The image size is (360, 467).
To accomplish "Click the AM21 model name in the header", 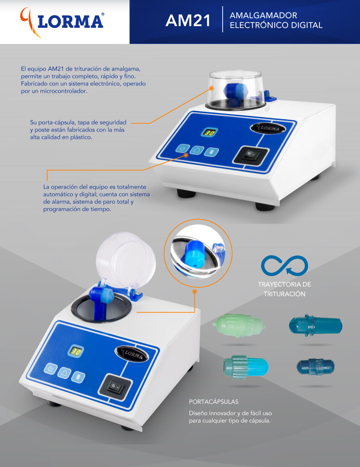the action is coord(188,21).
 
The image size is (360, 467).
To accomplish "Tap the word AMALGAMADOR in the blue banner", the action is coord(263,15).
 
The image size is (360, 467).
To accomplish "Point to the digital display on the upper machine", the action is coord(209,132).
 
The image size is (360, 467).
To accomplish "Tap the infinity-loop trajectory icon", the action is coord(284,266).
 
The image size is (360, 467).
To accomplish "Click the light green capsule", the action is coord(238,326).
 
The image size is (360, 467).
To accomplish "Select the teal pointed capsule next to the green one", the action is coord(315,326).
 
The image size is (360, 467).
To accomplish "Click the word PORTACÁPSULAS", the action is coord(214,402).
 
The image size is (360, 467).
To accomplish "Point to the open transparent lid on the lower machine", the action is coord(126,260).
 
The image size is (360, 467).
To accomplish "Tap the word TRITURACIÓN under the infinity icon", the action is coord(284,294).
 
